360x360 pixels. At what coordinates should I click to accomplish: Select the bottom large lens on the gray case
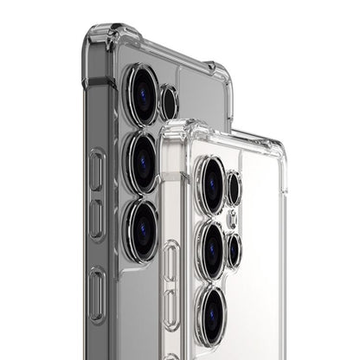[x=140, y=228]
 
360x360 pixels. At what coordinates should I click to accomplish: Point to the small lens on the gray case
[x=170, y=103]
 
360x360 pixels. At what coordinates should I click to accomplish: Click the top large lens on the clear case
[x=209, y=183]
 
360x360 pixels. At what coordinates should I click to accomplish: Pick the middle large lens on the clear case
[x=209, y=250]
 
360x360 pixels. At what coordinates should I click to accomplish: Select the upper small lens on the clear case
[x=234, y=188]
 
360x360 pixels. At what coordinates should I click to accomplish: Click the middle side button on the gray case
[x=97, y=220]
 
